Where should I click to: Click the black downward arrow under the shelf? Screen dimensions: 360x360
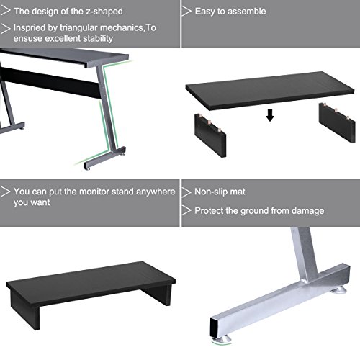[270, 115]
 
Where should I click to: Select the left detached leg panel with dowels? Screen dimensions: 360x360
[210, 135]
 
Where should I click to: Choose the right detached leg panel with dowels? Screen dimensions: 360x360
[337, 122]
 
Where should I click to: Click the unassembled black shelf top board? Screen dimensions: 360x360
[270, 91]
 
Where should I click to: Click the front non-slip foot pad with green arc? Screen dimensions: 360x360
[221, 339]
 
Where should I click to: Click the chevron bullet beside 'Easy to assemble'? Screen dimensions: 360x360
[186, 12]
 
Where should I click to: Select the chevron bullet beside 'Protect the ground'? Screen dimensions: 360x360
[186, 210]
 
